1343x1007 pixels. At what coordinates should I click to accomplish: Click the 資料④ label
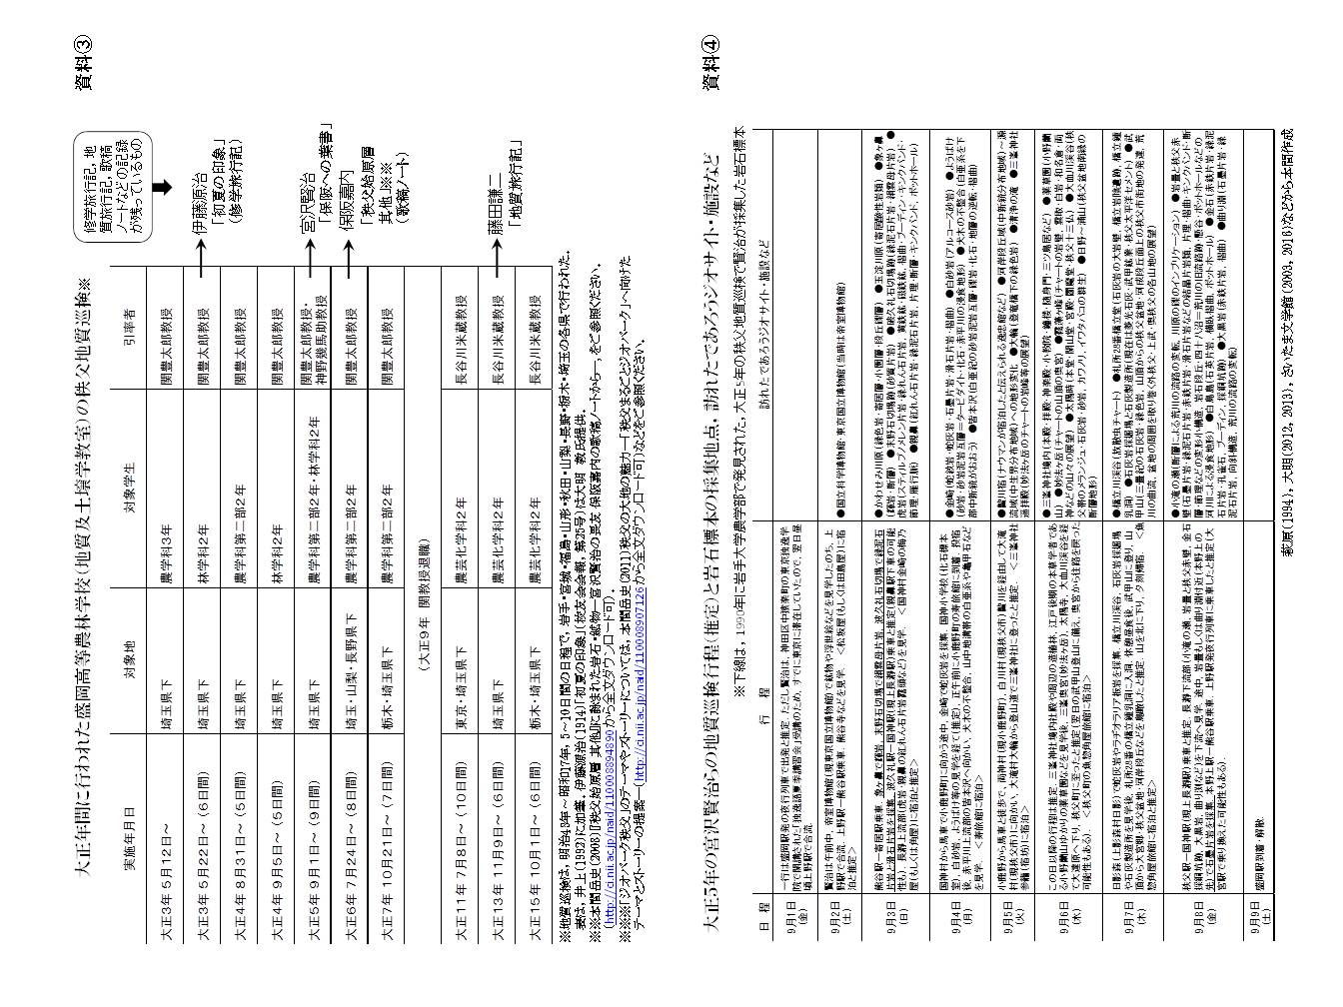[708, 65]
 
